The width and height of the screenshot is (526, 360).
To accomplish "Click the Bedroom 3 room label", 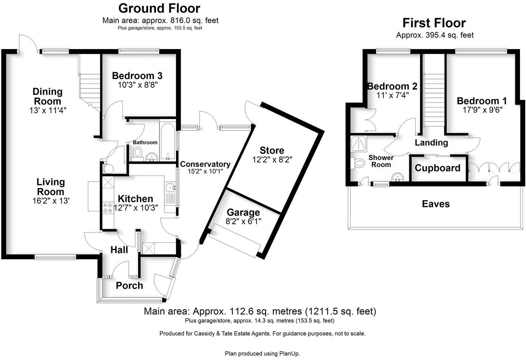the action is pos(137,76).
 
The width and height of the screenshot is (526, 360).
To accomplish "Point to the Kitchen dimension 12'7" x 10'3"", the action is pos(135,208).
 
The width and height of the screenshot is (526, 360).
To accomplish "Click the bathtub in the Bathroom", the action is pos(167,140).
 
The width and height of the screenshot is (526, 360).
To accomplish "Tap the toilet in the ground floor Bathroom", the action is pos(137,154).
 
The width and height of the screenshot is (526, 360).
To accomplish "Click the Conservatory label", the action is pos(205,164).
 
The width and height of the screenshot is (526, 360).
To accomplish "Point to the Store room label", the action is pos(272,151).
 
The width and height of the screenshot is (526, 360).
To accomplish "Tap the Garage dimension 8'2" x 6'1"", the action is pos(243,222).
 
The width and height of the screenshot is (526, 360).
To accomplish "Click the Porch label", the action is pos(129,286).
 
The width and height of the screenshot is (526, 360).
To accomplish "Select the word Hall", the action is pos(119,250).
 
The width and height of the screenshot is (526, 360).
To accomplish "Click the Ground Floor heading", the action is pos(159,8).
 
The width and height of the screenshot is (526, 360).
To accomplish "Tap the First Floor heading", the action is pos(434,23).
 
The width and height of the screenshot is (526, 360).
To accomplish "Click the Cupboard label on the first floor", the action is pos(438,168).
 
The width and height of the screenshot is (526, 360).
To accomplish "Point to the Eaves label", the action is pos(436,204).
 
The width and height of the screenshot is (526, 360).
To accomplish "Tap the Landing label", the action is pos(431,143).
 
